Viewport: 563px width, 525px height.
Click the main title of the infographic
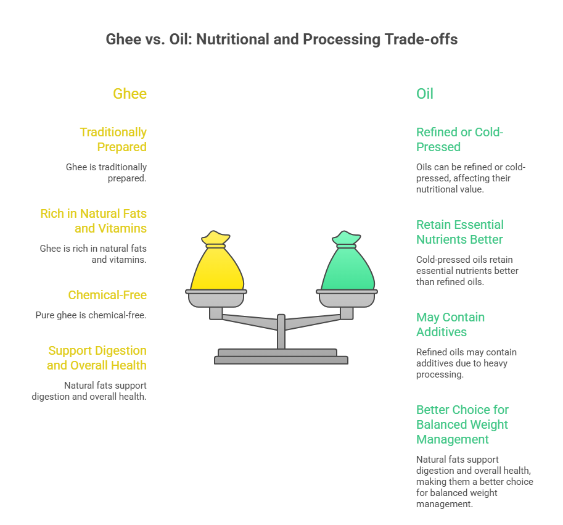point(281,39)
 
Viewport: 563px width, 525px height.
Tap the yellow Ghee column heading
point(129,94)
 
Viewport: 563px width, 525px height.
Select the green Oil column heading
point(425,94)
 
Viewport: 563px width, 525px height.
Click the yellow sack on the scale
point(217,265)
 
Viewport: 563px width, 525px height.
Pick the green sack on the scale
point(348,265)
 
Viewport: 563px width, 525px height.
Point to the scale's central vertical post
point(281,332)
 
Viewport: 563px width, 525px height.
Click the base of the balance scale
point(281,357)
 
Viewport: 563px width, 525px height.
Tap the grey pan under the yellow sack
point(216,299)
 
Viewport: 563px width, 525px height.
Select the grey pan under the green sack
point(347,299)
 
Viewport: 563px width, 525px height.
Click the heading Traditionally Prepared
point(113,139)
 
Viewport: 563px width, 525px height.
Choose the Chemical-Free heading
point(107,295)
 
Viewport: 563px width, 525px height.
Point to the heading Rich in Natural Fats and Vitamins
point(93,221)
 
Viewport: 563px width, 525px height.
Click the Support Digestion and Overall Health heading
point(97,358)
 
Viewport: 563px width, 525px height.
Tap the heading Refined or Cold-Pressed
point(459,139)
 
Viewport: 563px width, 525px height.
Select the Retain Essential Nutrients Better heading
point(460,232)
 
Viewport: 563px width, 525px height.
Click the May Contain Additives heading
point(450,325)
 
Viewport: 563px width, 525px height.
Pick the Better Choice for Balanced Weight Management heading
point(462,424)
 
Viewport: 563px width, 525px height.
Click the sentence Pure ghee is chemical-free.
point(91,315)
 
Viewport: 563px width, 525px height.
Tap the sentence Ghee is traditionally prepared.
point(106,173)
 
